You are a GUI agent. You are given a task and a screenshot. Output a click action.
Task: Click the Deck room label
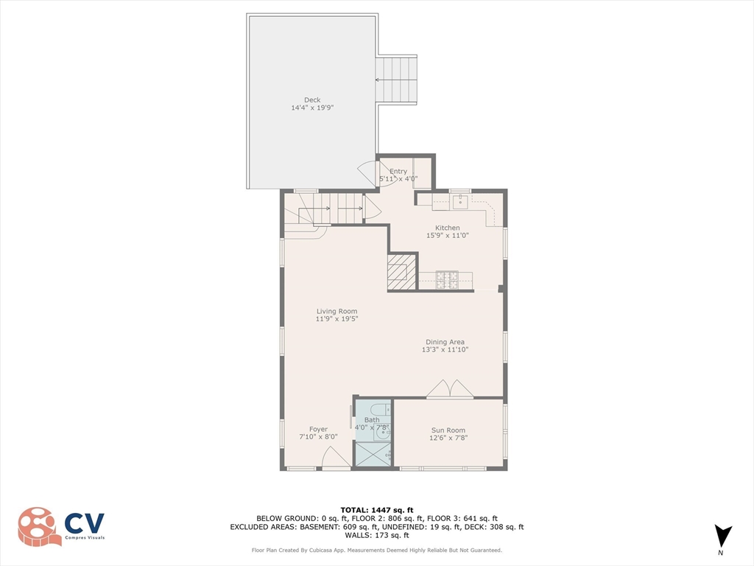tap(312, 100)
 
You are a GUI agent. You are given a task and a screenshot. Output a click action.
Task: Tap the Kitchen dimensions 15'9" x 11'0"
tap(447, 236)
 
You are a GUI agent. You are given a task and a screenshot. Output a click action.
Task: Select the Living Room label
tap(337, 311)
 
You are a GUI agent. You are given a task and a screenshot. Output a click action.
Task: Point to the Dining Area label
tap(445, 342)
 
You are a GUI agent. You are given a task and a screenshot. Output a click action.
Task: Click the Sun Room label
tap(448, 430)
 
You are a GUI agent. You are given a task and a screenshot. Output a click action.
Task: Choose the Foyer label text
tap(318, 429)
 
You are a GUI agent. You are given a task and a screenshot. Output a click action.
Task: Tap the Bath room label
tap(372, 420)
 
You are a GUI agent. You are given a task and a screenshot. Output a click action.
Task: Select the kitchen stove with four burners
tap(447, 279)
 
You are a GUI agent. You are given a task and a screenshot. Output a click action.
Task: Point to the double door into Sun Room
tap(450, 389)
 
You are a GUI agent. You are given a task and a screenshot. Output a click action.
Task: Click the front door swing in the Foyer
tap(334, 458)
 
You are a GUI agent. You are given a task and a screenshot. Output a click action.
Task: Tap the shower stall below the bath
tap(373, 454)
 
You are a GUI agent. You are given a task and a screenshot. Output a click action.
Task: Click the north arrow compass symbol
tap(723, 535)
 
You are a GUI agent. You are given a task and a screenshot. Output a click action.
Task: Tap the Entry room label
tap(398, 171)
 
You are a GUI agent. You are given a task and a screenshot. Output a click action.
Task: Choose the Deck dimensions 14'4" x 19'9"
tap(312, 108)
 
